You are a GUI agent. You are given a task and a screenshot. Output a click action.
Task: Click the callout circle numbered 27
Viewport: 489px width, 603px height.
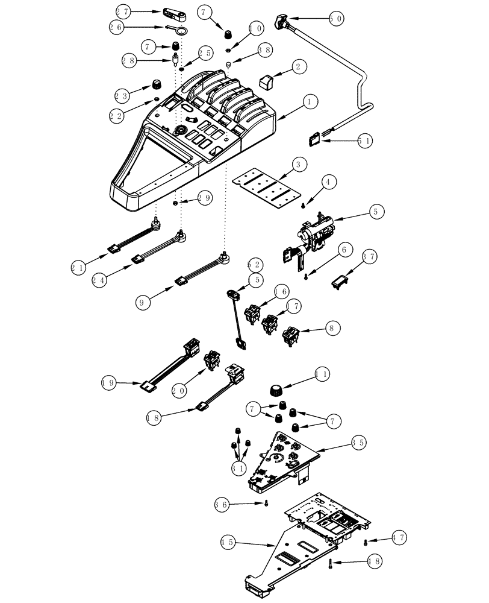pos(123,11)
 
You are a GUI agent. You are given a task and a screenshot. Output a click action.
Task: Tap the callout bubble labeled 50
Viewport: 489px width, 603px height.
pos(336,19)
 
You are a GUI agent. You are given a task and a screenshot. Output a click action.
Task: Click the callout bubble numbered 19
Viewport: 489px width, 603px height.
pos(109,382)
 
